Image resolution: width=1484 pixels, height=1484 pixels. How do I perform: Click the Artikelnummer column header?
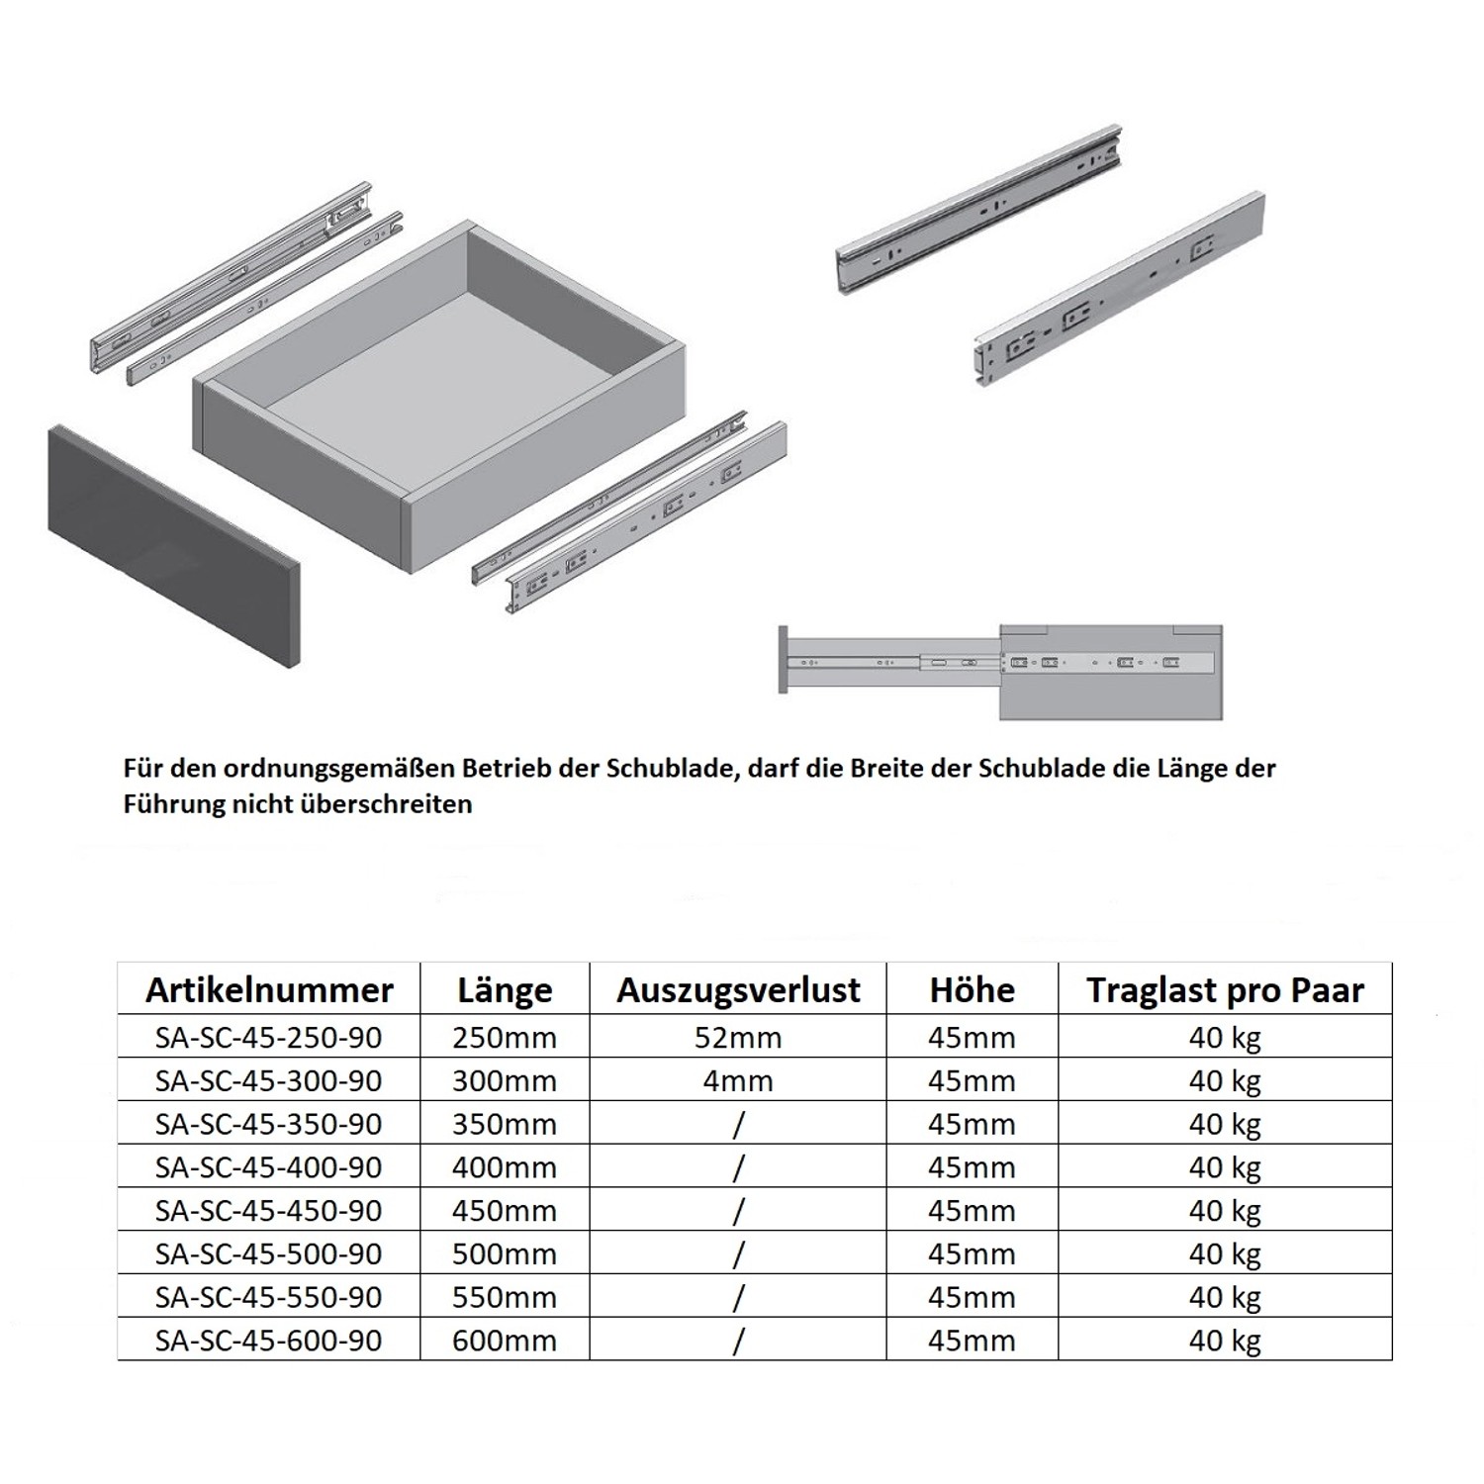269,990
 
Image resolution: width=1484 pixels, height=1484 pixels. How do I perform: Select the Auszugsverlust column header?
738,990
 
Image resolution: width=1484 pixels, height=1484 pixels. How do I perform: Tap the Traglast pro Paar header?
1225,990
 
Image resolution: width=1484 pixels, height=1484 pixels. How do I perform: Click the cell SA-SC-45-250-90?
269,1038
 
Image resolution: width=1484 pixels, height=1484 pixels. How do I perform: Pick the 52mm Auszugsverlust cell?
738,1038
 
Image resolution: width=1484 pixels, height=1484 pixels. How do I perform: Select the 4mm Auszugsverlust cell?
738,1081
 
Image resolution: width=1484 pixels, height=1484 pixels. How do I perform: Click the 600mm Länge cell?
505,1341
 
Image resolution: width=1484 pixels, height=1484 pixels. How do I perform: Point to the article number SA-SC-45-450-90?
269,1211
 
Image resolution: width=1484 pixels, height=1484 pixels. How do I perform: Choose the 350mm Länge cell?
505,1125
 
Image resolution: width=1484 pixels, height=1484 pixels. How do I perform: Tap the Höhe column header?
972,990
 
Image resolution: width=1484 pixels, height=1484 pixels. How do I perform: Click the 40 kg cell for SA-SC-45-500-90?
1225,1254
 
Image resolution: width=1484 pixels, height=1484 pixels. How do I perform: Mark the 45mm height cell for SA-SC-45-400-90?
972,1167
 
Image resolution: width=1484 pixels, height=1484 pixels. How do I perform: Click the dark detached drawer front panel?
173,544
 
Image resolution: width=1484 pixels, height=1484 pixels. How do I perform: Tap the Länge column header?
505,990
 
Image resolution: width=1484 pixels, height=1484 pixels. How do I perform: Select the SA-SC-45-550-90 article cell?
269,1297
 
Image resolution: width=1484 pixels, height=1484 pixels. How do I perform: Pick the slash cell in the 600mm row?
738,1341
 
